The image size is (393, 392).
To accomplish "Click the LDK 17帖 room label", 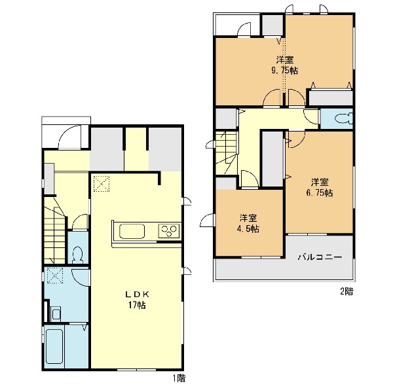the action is point(137,300).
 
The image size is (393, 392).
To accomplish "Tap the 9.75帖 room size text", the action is point(285,71).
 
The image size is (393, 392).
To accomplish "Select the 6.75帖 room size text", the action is point(320,193).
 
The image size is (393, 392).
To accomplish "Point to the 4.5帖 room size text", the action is point(249,229).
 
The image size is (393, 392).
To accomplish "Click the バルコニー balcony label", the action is point(320,257).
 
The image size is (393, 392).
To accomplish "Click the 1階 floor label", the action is point(179,378).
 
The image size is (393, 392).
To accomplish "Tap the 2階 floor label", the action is point(347,291).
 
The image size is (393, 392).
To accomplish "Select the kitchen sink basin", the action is point(132,231).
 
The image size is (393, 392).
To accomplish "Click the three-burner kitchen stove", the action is point(169,231).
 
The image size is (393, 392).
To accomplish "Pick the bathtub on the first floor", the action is point(54,346).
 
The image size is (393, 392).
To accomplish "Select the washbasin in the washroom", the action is point(56,313).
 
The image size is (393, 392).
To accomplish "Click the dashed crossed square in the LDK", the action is point(102,184).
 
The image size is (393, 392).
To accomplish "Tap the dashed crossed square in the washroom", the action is point(54,276).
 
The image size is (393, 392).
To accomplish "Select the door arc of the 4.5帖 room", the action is point(250,178).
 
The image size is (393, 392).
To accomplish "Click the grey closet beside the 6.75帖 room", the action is point(272,158).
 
